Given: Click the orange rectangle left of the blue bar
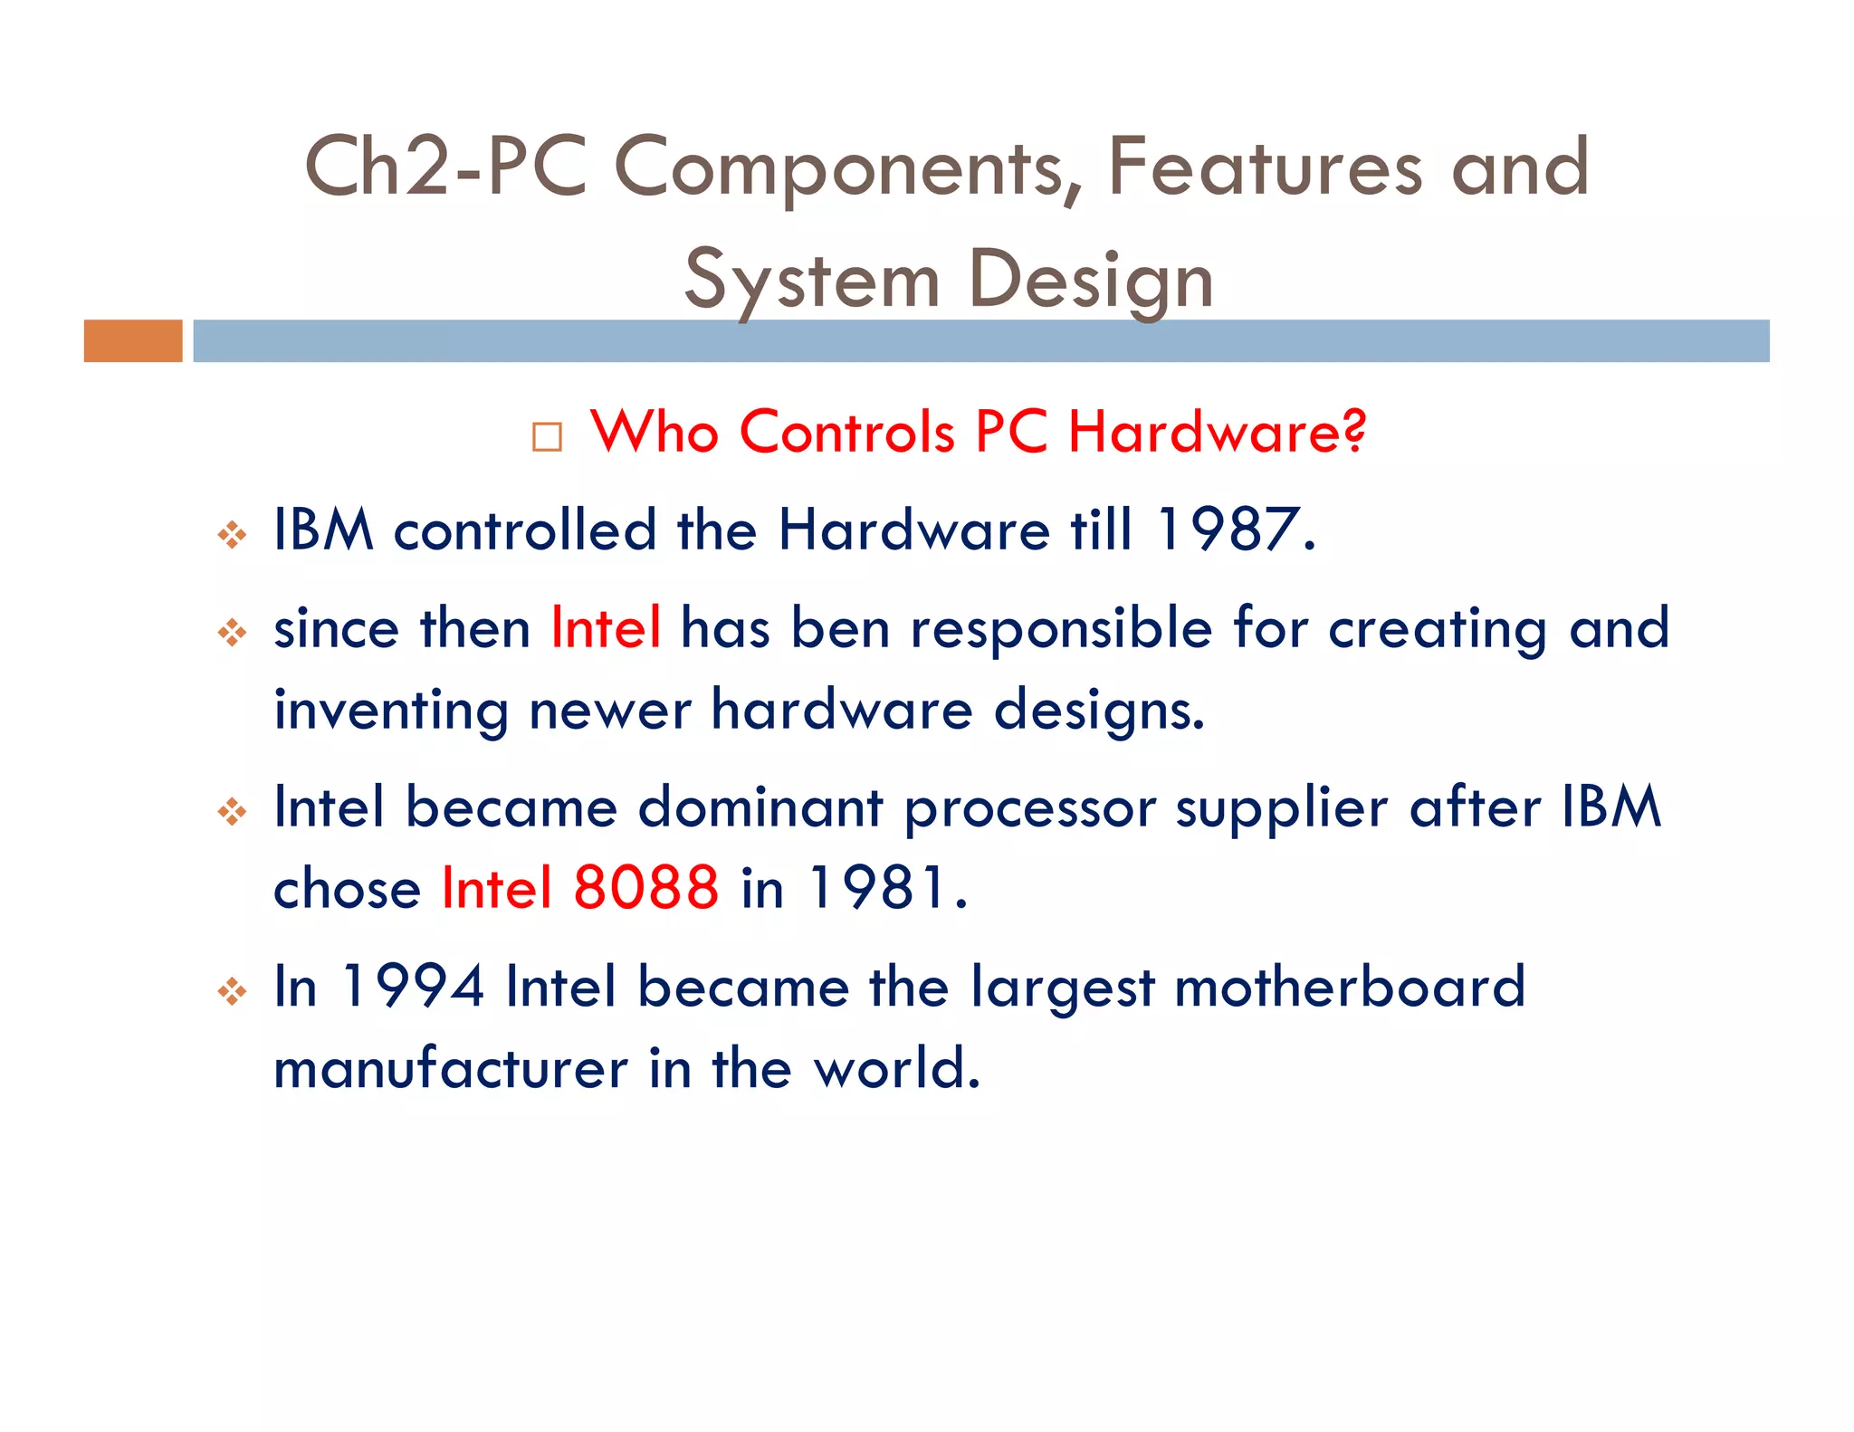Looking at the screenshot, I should [x=133, y=341].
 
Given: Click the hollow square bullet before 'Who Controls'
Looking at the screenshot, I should [x=547, y=437].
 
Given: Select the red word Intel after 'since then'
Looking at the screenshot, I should [x=606, y=627].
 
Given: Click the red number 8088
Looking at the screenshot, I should [x=646, y=887].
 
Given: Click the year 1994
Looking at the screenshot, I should [x=413, y=986].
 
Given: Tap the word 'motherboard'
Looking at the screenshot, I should [x=1349, y=986].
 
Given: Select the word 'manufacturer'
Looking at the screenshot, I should [x=451, y=1068].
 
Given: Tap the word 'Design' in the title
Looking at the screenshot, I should [x=1091, y=281].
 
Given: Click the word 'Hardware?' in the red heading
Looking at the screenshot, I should [x=1217, y=432].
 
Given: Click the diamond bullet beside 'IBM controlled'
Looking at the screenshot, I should [x=232, y=535].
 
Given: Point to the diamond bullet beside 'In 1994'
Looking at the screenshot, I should [x=232, y=992].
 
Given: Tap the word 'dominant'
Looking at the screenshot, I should [x=760, y=807].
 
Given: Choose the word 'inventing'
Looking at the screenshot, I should [x=391, y=711].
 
